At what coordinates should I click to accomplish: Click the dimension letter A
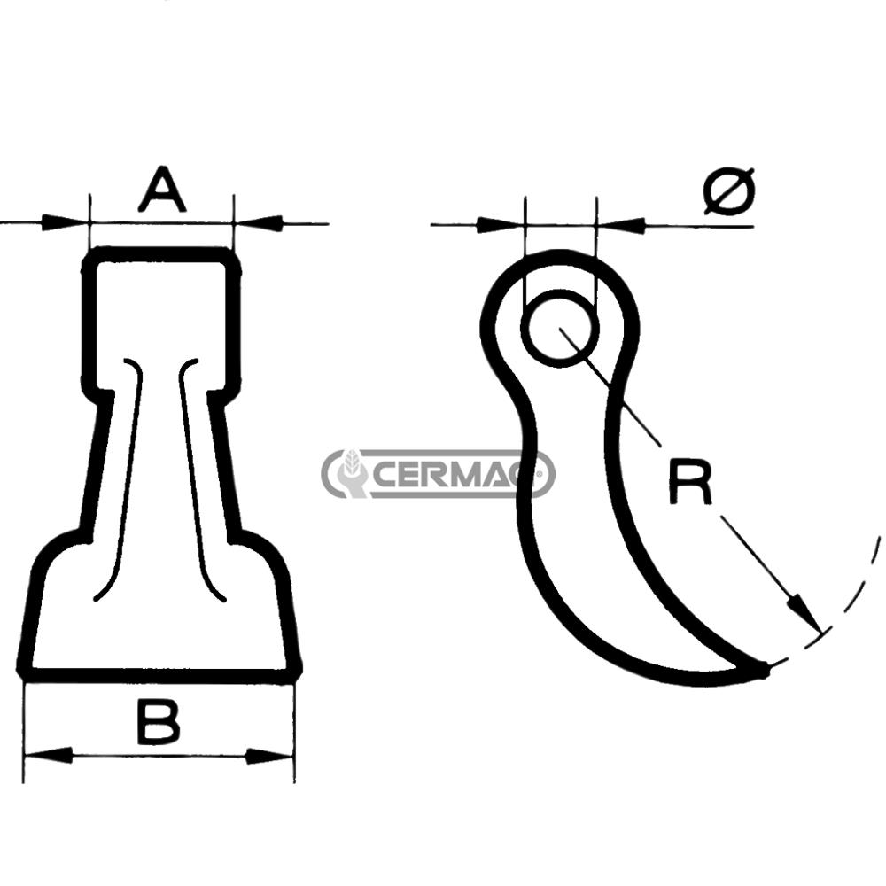(162, 190)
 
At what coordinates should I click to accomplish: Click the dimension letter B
(159, 722)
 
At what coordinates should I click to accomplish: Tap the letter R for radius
(689, 483)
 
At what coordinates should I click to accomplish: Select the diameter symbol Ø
(729, 190)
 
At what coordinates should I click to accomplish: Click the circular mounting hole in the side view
(560, 328)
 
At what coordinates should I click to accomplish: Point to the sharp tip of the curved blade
(764, 670)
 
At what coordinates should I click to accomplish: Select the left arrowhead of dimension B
(49, 755)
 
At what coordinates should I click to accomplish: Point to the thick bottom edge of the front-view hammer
(159, 675)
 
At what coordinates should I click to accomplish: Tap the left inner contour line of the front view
(124, 478)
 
